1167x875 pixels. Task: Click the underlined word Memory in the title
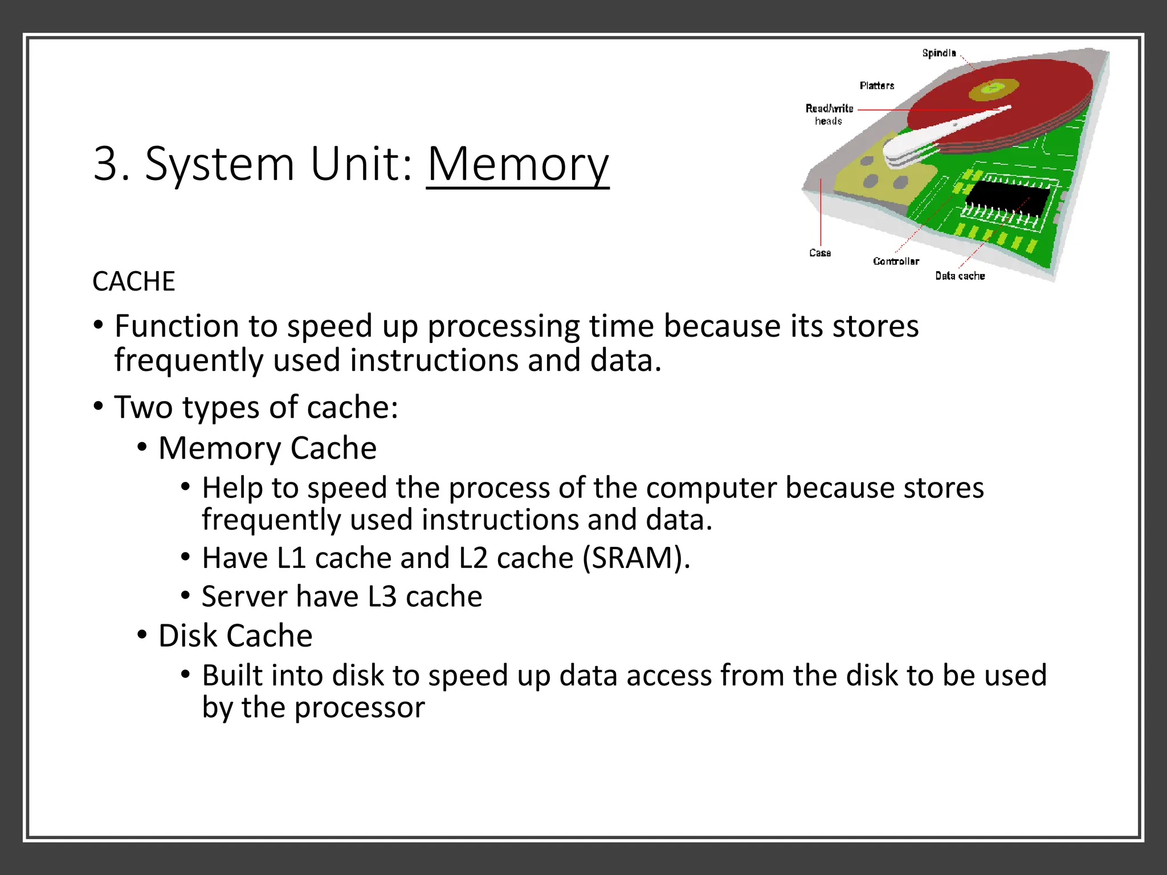pos(517,165)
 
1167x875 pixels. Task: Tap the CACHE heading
pos(133,281)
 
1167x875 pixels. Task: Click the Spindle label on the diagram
pos(939,53)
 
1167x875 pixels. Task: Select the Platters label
pos(876,85)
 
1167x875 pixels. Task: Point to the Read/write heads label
pos(829,114)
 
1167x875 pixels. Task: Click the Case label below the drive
pos(819,252)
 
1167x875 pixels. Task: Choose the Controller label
pos(896,261)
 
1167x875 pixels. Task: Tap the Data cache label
pos(960,276)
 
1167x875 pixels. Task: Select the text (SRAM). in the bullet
pos(636,558)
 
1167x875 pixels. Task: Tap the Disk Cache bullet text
pos(235,636)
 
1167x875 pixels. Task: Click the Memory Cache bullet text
pos(267,448)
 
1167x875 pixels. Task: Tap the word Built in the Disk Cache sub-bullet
pos(232,676)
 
